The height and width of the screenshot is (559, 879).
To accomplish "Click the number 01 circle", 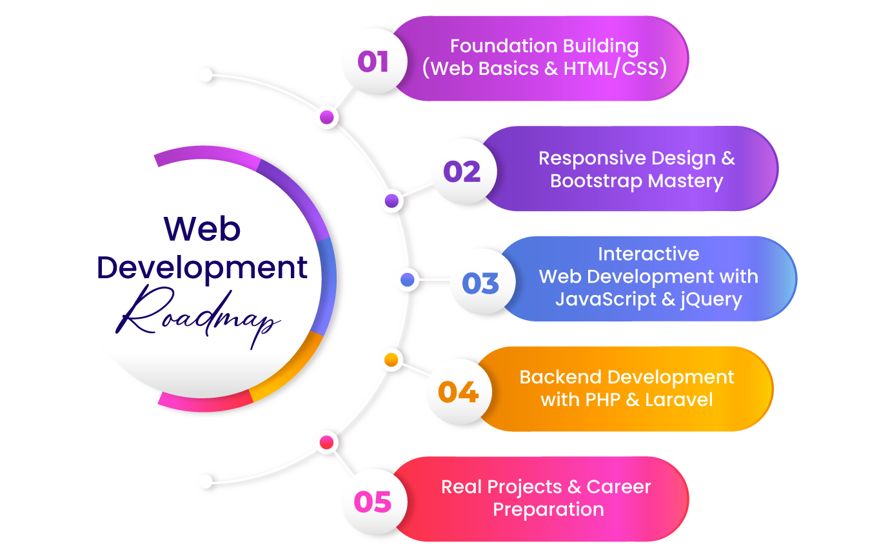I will (x=373, y=62).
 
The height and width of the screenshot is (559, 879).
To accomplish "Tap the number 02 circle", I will (x=462, y=172).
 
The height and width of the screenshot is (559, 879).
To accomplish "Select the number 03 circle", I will (x=480, y=283).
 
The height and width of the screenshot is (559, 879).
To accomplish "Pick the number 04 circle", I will (x=457, y=392).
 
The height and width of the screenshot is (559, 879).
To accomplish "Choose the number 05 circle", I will (x=373, y=502).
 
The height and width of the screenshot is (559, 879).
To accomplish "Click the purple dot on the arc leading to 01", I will (x=327, y=117).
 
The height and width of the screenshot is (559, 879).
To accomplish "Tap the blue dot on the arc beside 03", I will (x=408, y=279).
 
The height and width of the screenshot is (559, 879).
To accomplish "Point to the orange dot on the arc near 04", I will (x=391, y=358).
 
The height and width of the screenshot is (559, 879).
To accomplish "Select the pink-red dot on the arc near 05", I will (x=327, y=442).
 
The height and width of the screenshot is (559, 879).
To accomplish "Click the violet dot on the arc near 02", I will (x=391, y=201).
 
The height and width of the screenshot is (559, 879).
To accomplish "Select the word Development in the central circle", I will (x=202, y=267).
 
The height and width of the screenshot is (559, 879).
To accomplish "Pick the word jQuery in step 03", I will (x=707, y=300).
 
